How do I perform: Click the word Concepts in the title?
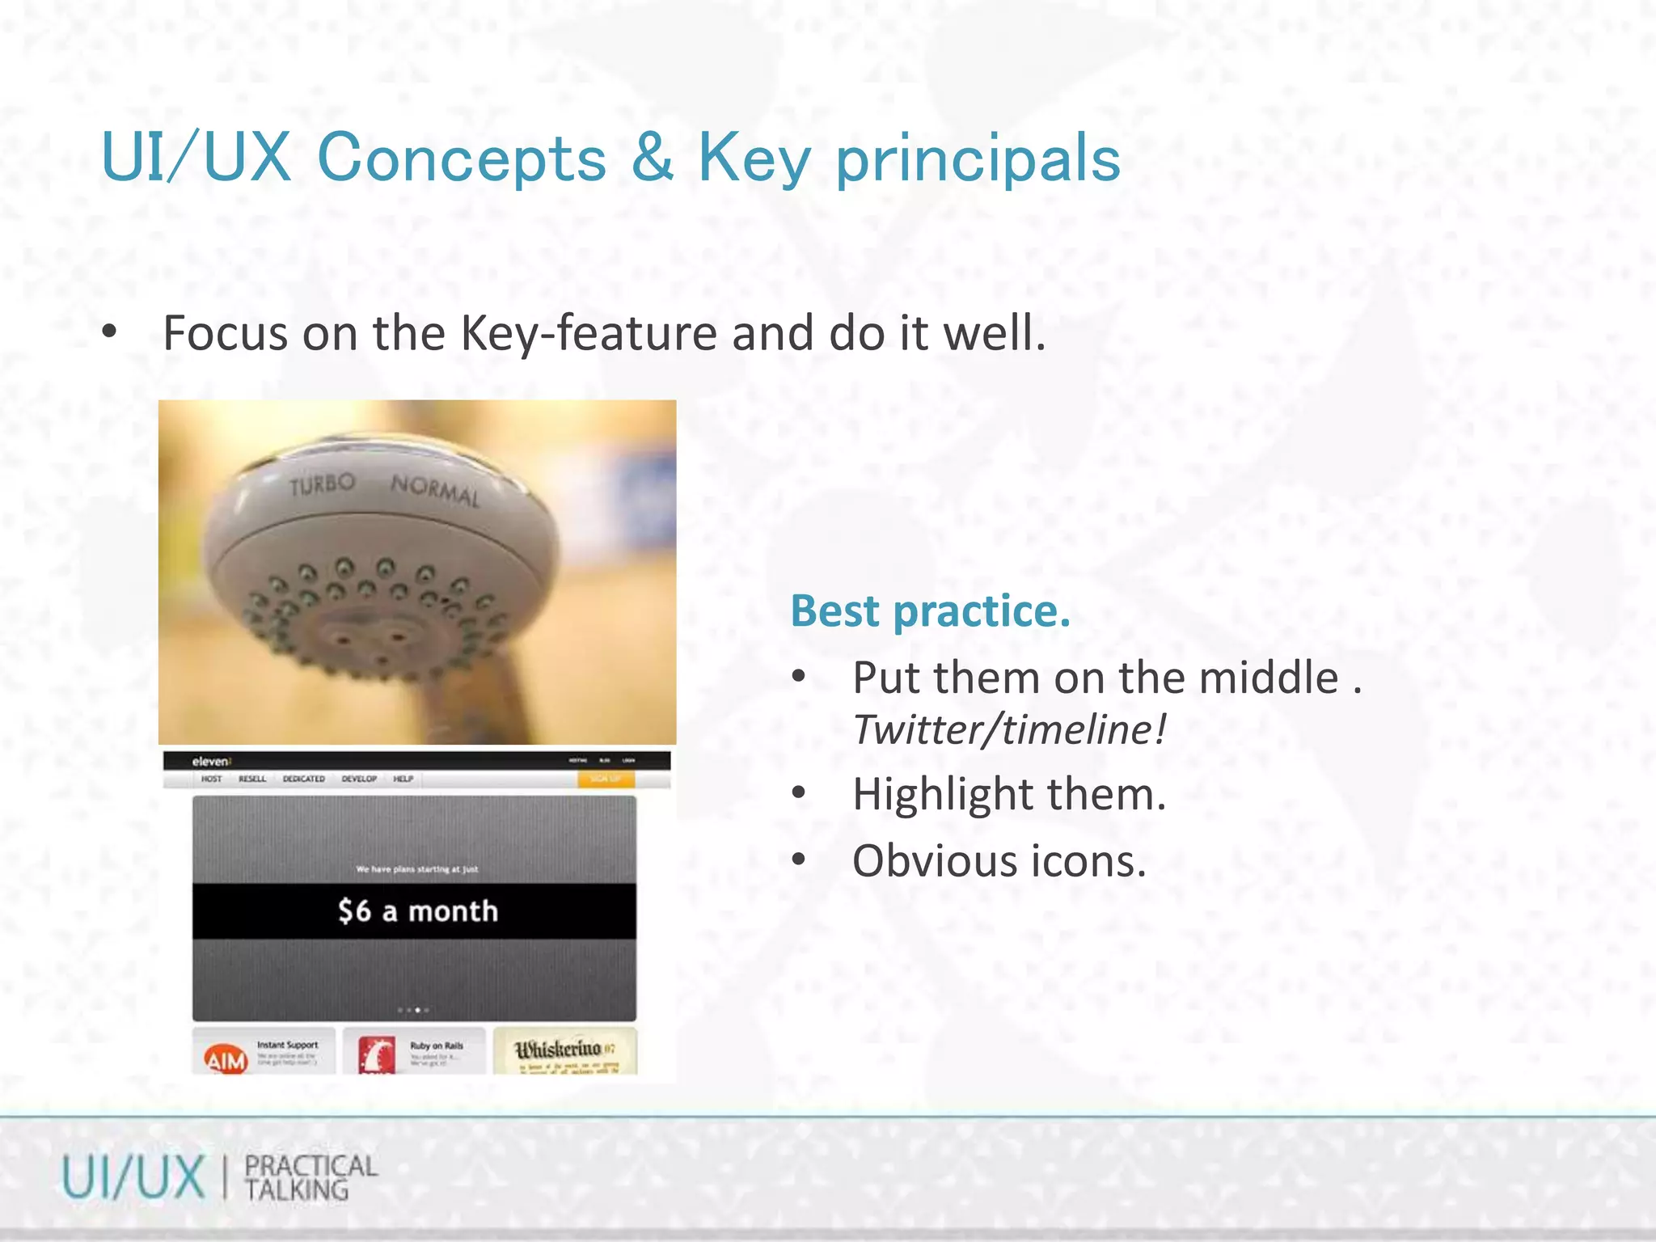click(x=462, y=158)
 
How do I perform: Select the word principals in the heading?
click(x=978, y=159)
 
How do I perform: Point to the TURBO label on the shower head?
click(x=322, y=484)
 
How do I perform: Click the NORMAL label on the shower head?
click(x=435, y=490)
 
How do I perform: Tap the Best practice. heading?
click(x=930, y=610)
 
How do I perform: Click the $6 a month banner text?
click(x=417, y=911)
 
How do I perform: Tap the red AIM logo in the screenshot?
click(x=226, y=1059)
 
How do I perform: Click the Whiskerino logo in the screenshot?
click(x=560, y=1050)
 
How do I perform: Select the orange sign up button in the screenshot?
click(x=606, y=779)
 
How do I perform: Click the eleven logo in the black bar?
click(x=211, y=761)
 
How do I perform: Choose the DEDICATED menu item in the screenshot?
click(x=303, y=779)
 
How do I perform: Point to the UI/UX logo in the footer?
click(x=133, y=1177)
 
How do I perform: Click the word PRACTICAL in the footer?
click(x=311, y=1166)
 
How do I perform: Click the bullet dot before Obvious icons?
click(x=799, y=860)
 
